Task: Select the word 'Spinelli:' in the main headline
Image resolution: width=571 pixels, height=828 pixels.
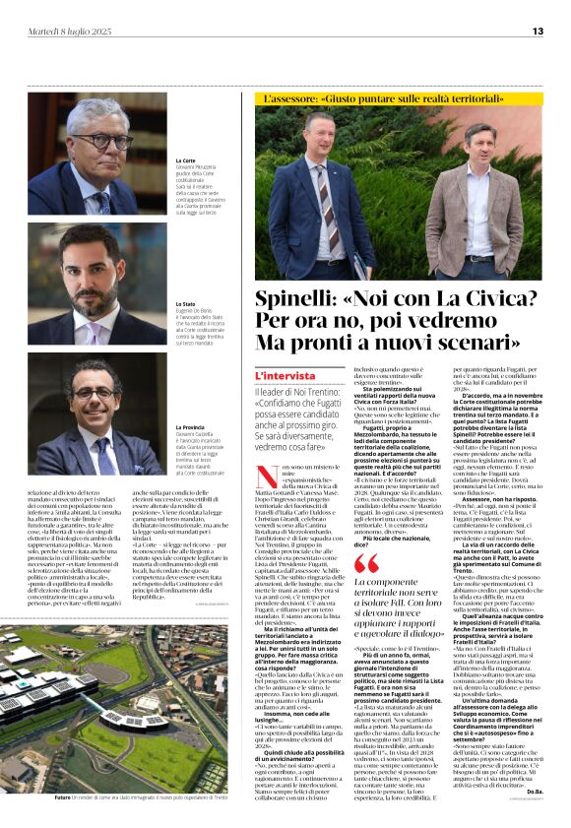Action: pyautogui.click(x=299, y=301)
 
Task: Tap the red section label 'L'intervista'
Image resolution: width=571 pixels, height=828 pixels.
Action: pyautogui.click(x=285, y=377)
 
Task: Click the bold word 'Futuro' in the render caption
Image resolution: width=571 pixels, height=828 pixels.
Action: pyautogui.click(x=63, y=798)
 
